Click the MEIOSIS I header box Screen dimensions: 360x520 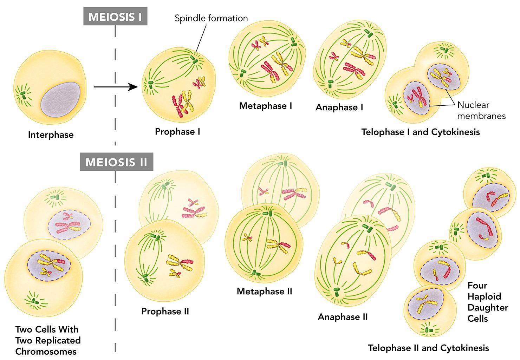[115, 17]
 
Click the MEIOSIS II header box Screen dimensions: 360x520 [116, 162]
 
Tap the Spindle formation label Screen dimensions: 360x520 [211, 18]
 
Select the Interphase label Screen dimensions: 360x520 [51, 135]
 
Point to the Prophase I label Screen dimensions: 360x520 [177, 132]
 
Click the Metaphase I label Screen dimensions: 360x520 [266, 106]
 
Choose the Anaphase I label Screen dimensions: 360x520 [339, 107]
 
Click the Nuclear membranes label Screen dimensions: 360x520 [481, 110]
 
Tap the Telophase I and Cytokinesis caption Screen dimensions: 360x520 [421, 132]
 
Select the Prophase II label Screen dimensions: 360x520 [165, 312]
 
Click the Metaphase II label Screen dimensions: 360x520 [264, 292]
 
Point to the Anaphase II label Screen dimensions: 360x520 [343, 317]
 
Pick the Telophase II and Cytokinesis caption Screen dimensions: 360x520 [428, 348]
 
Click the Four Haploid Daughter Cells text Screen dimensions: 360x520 [487, 302]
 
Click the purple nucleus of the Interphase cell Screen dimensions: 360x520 [60, 100]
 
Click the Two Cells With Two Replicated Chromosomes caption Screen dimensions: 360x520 [48, 340]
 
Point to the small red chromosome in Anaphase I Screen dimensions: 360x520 [333, 56]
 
